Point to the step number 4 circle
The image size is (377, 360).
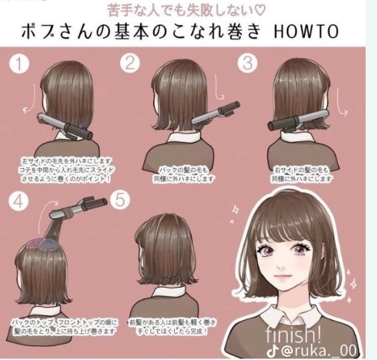tap(19, 201)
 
